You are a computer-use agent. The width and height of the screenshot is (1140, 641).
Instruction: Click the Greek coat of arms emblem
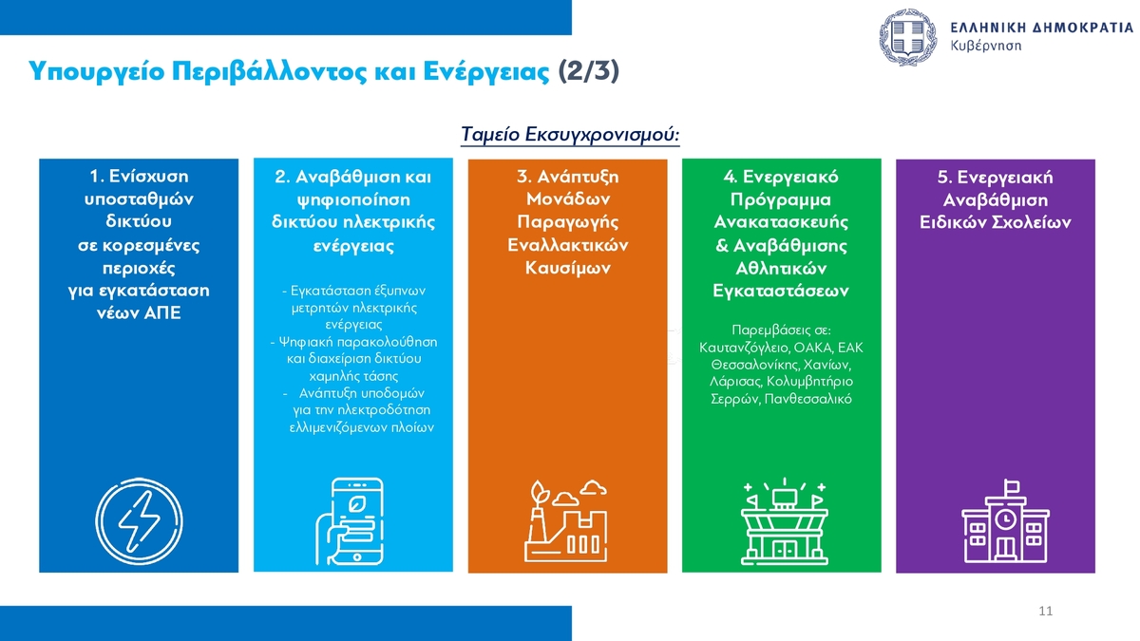(x=908, y=37)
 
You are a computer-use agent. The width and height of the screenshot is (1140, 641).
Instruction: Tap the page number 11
(x=1045, y=611)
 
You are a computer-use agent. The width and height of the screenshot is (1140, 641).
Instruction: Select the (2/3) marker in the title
(x=589, y=70)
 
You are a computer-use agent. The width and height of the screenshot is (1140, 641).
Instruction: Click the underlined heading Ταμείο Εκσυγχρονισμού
(x=570, y=134)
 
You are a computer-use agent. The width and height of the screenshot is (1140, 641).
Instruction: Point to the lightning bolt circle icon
(x=139, y=521)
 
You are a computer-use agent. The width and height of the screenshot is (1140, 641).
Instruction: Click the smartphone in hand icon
(x=351, y=522)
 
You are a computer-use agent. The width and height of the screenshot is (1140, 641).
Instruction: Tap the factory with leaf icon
(x=566, y=521)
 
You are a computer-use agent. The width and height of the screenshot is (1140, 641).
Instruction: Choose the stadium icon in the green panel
(x=785, y=522)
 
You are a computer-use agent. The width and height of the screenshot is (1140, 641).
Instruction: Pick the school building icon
(x=1005, y=521)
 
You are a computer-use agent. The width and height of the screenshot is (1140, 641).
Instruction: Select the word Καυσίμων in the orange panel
(x=567, y=268)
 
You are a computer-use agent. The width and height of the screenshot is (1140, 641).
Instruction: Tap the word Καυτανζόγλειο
(x=744, y=348)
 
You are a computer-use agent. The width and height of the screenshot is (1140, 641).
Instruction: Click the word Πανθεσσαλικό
(x=808, y=398)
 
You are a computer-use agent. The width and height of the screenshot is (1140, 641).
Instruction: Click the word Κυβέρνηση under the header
(x=986, y=46)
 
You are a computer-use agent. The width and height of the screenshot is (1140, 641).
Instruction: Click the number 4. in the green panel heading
(x=731, y=177)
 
